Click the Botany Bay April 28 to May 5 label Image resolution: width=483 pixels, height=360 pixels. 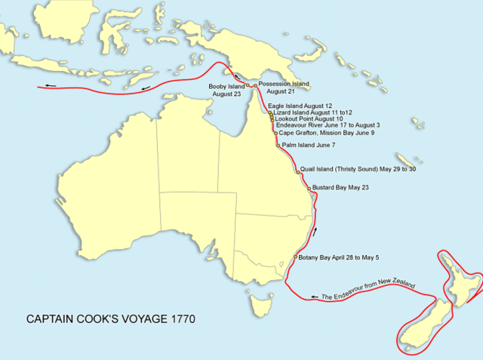339,258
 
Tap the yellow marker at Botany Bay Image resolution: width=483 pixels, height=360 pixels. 294,258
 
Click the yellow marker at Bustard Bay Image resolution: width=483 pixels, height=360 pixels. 308,187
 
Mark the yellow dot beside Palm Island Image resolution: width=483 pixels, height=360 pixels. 278,144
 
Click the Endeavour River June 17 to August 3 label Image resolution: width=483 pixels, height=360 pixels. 328,125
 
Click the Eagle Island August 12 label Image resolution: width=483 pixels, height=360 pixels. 305,106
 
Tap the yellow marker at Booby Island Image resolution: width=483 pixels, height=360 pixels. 247,86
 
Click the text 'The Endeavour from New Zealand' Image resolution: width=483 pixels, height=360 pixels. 368,289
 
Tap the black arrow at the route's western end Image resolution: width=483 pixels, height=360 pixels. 49,85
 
